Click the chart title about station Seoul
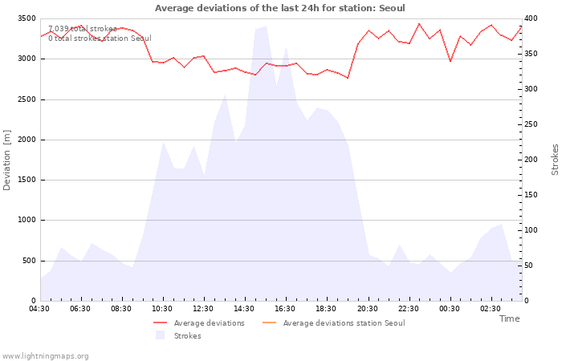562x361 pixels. tap(279, 8)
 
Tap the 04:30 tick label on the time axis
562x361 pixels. tap(40, 309)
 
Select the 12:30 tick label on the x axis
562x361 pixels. tap(203, 309)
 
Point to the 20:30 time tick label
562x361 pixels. tap(367, 309)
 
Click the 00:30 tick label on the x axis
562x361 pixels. tap(449, 309)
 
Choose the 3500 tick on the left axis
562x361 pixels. tap(26, 18)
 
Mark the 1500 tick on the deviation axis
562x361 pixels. tap(26, 180)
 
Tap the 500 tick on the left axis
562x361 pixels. tap(28, 261)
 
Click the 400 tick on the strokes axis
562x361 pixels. tap(532, 18)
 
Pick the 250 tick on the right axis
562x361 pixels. tap(532, 124)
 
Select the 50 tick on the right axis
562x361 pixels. tap(531, 266)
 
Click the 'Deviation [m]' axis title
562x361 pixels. tap(7, 160)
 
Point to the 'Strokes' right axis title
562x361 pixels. tap(555, 160)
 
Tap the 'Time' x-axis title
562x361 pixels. tap(509, 318)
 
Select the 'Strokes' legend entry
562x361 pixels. tap(187, 336)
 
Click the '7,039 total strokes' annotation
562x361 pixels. tap(83, 29)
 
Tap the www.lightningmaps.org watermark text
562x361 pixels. tap(46, 355)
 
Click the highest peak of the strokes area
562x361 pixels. tap(266, 27)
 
